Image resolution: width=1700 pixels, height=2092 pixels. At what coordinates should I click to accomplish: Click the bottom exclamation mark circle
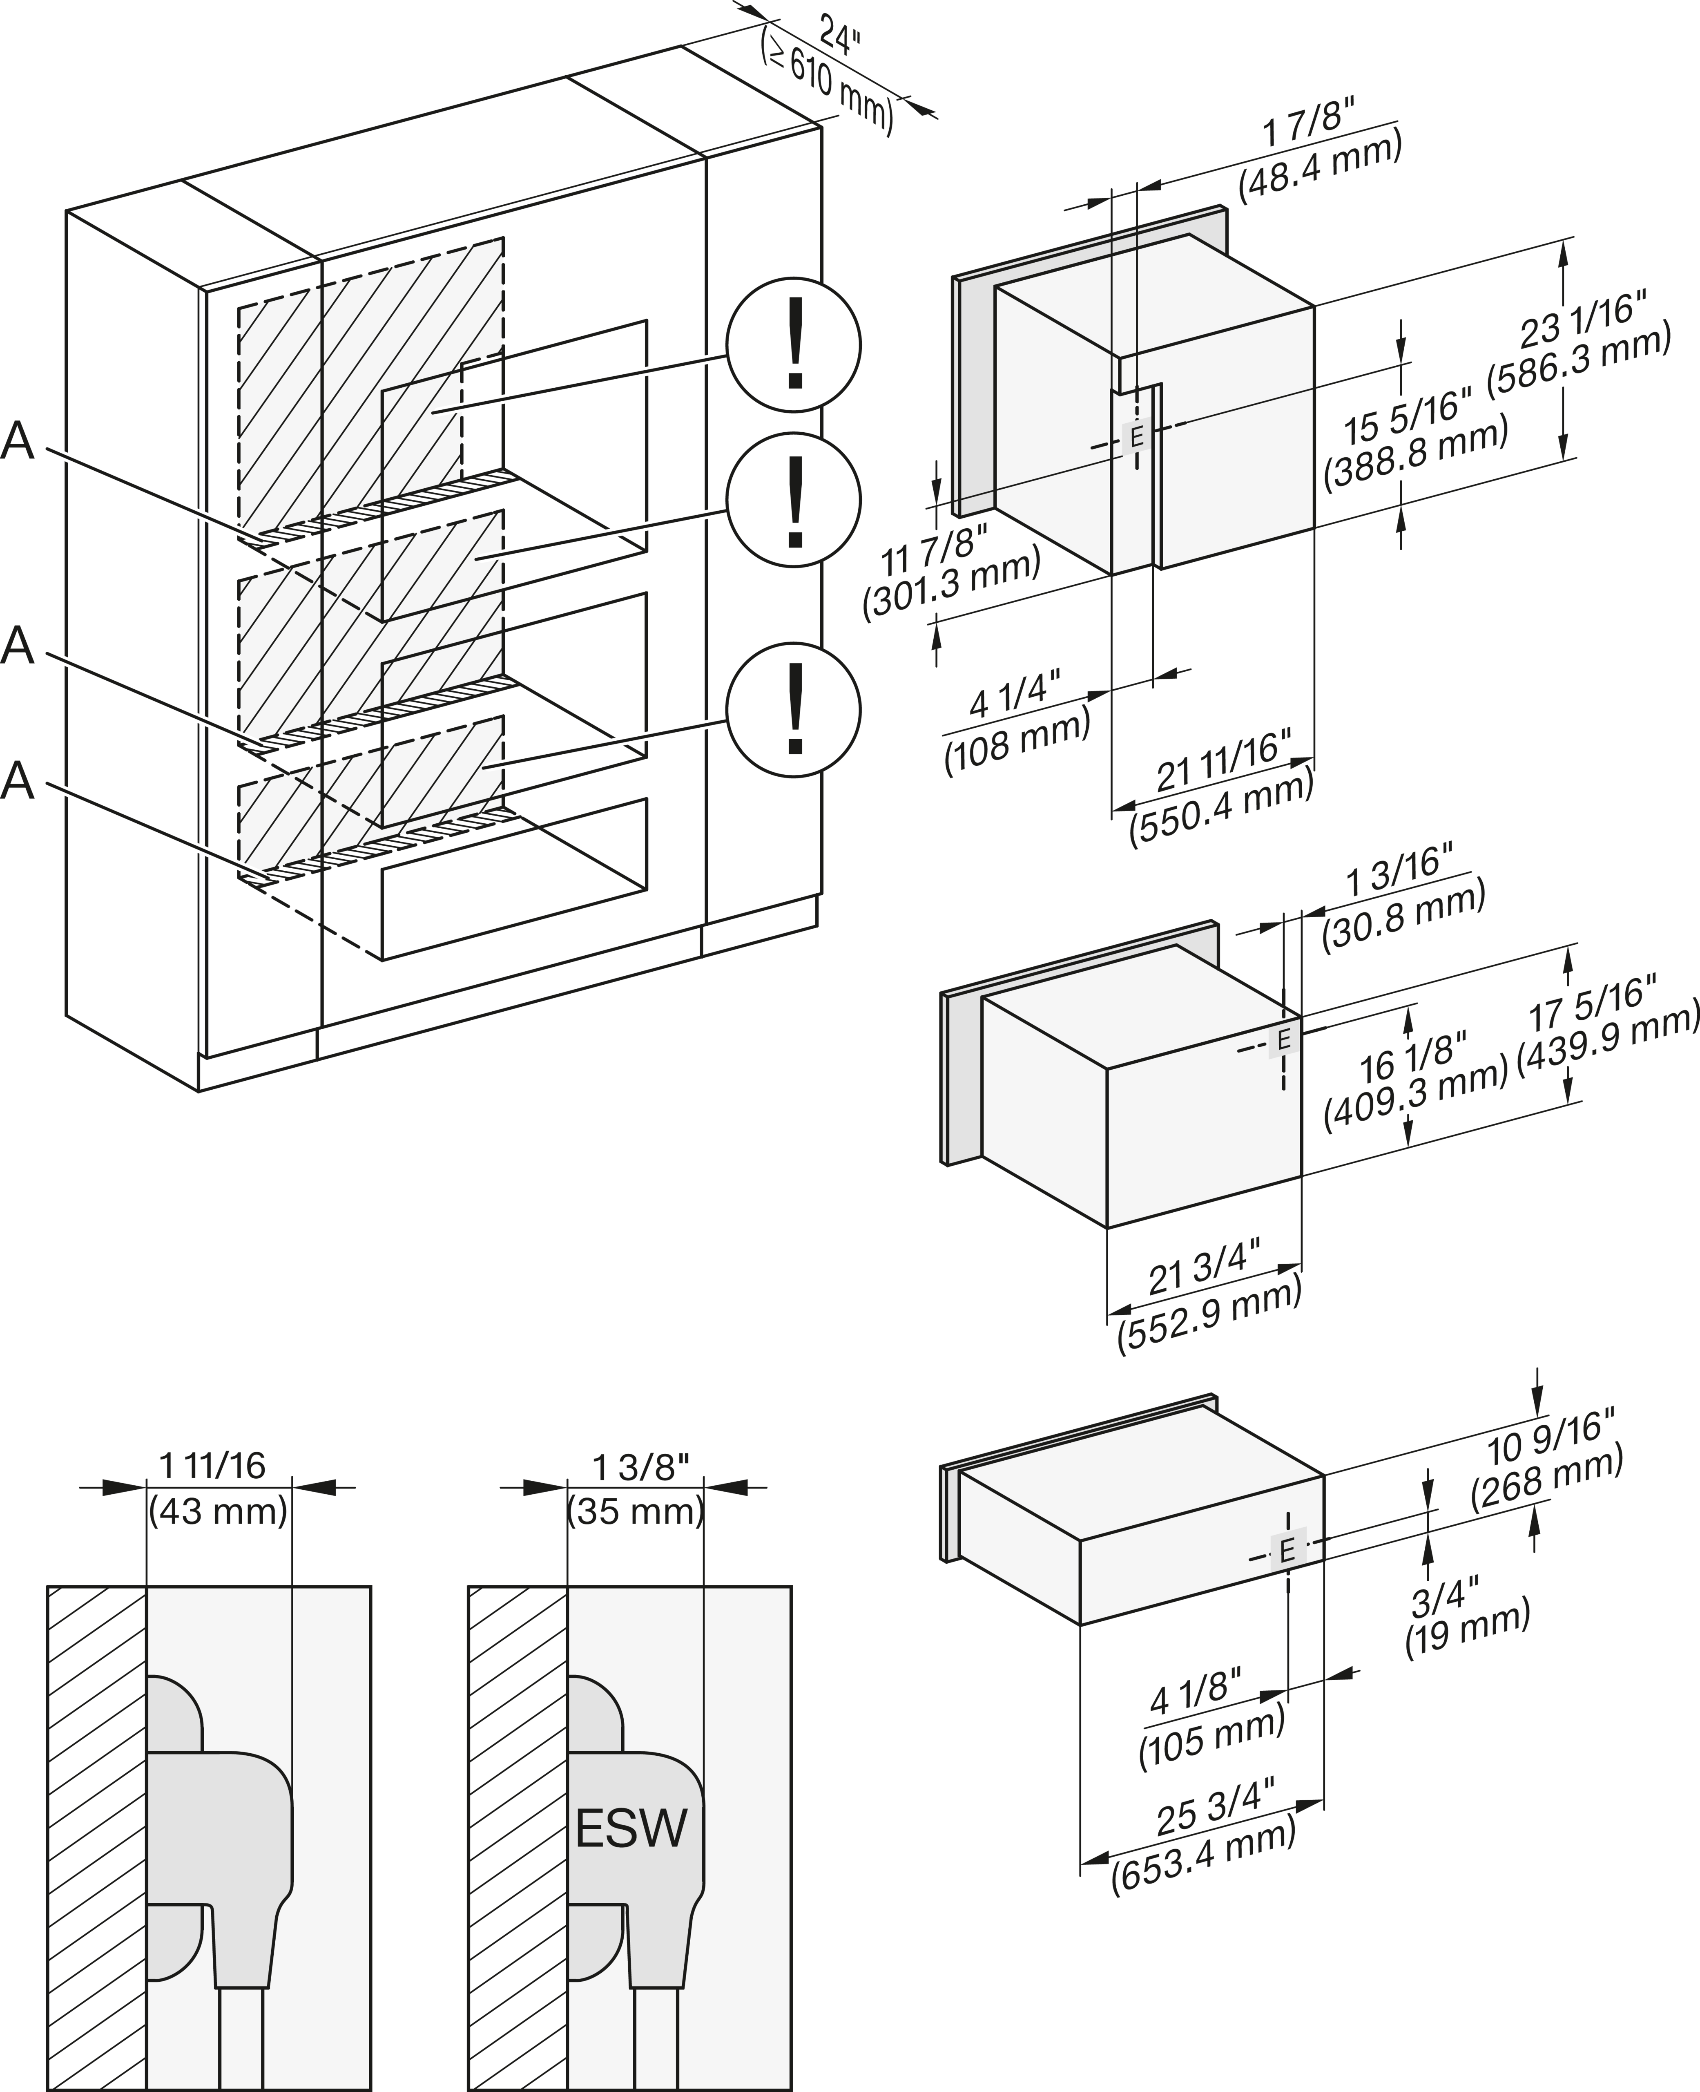click(x=793, y=709)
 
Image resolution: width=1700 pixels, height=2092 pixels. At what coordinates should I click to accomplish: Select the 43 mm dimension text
click(x=219, y=1511)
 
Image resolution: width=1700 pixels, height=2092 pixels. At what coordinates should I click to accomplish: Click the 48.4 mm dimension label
click(x=1320, y=166)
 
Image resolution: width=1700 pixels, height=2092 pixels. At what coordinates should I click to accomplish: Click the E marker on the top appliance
click(x=1136, y=436)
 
